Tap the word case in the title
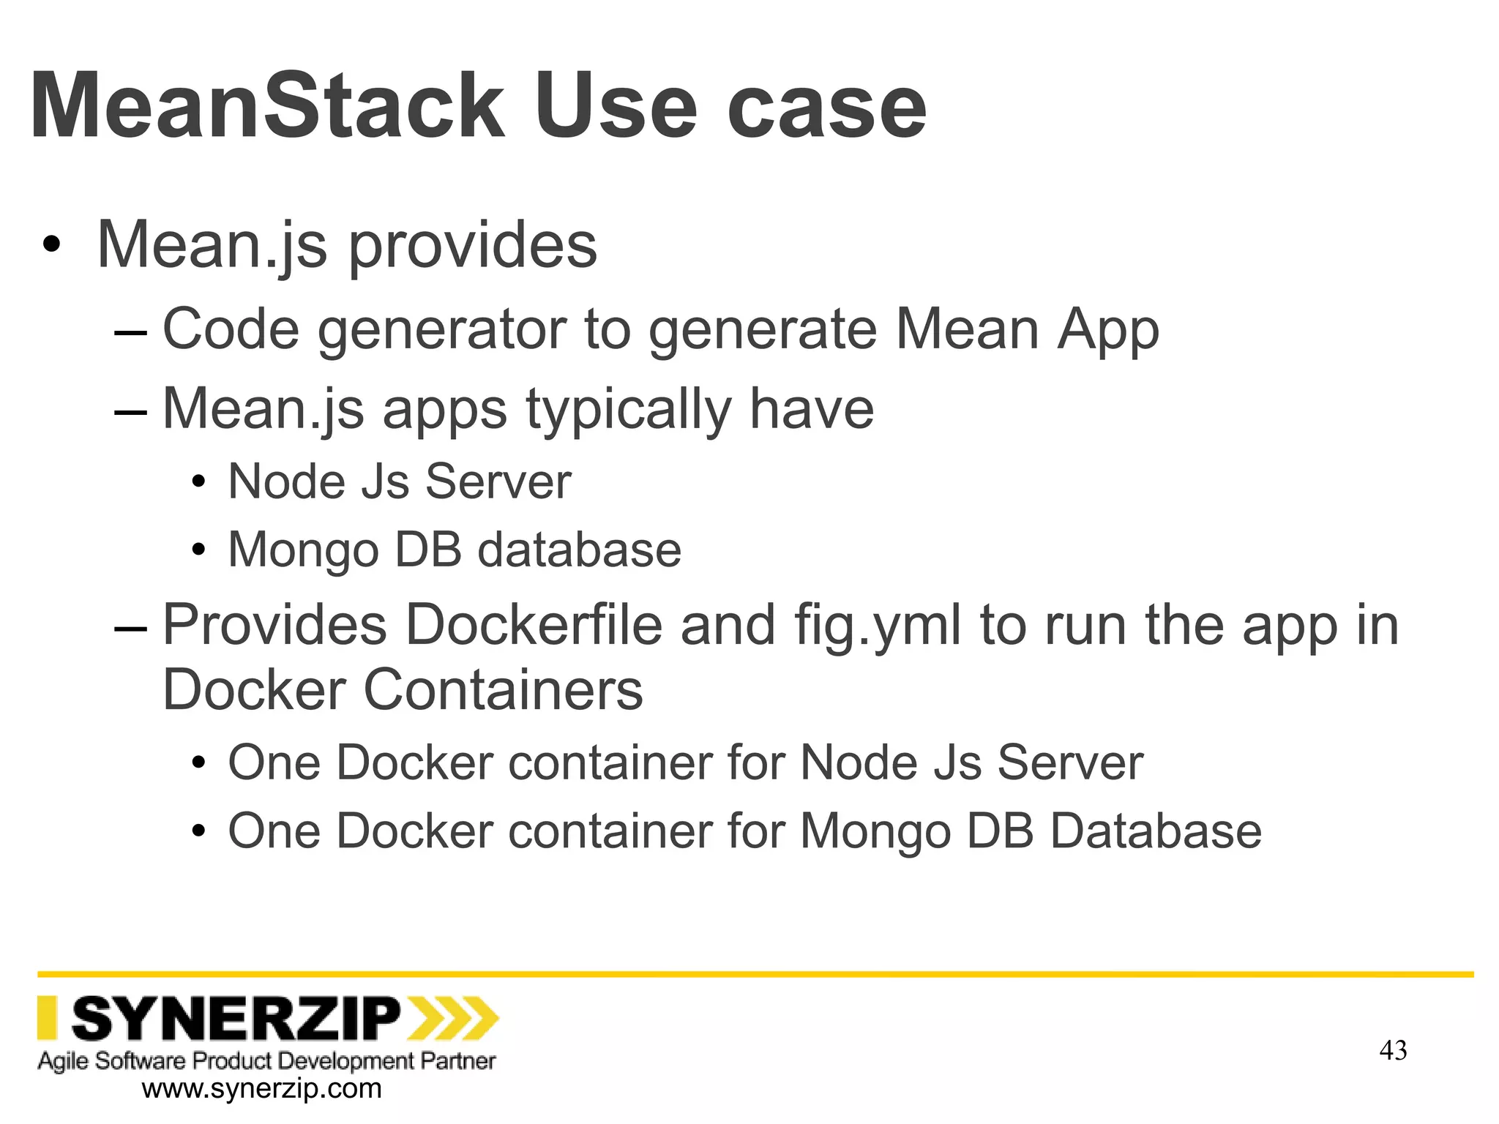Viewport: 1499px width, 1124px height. click(x=826, y=108)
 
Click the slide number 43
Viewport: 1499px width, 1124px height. click(x=1393, y=1051)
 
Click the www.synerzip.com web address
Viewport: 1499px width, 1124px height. click(x=261, y=1089)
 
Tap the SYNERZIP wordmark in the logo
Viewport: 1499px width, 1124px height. click(x=236, y=1018)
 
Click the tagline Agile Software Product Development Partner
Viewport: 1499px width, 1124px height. click(x=266, y=1060)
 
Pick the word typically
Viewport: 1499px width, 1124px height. click(x=628, y=409)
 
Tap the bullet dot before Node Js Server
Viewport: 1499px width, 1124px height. click(x=198, y=483)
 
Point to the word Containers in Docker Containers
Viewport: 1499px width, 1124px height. click(x=503, y=690)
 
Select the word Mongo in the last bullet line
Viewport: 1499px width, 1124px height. click(x=875, y=831)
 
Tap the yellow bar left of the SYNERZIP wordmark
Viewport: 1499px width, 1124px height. click(x=47, y=1018)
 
